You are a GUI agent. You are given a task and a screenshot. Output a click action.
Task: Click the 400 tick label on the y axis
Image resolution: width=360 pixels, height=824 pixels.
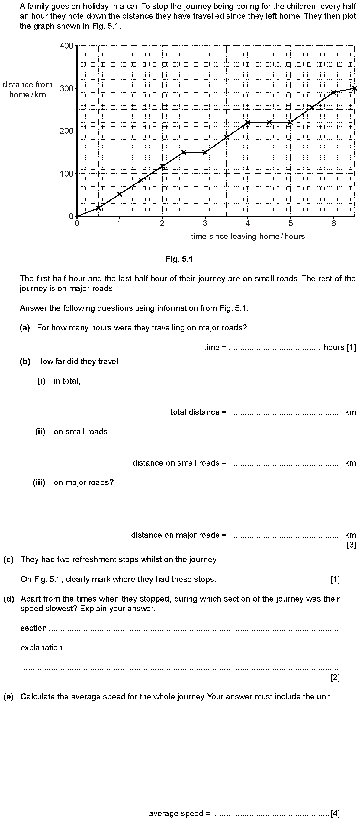point(66,46)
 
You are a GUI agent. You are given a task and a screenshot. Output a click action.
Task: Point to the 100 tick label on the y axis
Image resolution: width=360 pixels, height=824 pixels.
point(66,174)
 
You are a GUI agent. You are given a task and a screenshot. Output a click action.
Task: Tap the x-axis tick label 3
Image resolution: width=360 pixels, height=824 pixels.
point(205,223)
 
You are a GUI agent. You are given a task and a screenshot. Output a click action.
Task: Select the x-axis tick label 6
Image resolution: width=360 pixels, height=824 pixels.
point(333,223)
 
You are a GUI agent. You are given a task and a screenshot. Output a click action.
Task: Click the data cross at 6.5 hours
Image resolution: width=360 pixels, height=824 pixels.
point(354,88)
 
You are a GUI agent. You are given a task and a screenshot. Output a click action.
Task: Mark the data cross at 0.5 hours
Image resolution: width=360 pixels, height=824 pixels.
point(98,208)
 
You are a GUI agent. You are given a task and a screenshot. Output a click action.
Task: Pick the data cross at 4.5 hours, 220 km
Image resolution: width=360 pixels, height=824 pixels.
point(269,122)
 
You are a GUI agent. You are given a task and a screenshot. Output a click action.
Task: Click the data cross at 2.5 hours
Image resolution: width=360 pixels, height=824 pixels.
point(184,152)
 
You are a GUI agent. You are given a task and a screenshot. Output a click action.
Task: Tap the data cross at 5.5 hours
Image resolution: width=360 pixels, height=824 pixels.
point(312,107)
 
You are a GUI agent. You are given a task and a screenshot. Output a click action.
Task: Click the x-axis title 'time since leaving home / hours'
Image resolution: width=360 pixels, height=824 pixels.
point(248,236)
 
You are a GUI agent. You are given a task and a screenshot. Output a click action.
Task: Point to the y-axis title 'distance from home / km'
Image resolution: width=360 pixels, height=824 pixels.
point(27,90)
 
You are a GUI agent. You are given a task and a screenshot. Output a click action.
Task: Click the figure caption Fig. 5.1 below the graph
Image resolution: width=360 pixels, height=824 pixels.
point(179,259)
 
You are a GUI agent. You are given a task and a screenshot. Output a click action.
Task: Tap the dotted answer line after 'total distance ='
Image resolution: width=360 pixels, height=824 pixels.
point(285,413)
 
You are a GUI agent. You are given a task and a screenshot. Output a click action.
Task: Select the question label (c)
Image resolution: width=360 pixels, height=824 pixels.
point(8,559)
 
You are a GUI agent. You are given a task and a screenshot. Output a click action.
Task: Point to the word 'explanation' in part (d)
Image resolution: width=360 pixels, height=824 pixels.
point(41,648)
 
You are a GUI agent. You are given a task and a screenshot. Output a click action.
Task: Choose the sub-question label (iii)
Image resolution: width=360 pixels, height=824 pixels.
point(39,482)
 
